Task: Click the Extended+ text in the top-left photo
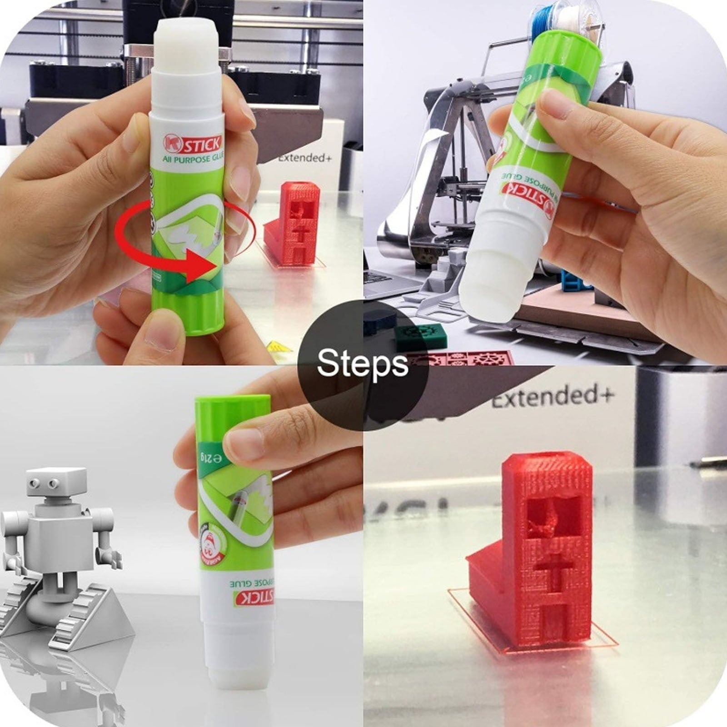(x=304, y=159)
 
